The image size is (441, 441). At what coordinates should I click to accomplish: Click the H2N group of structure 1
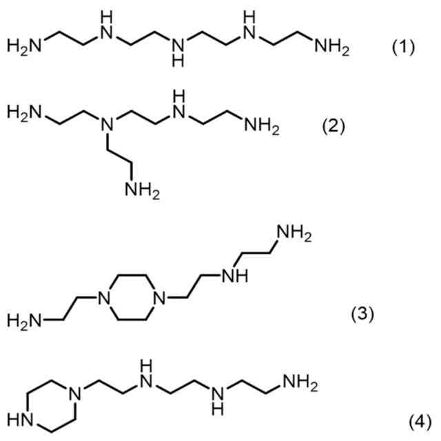click(x=24, y=48)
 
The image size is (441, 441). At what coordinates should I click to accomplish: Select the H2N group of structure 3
click(x=24, y=321)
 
